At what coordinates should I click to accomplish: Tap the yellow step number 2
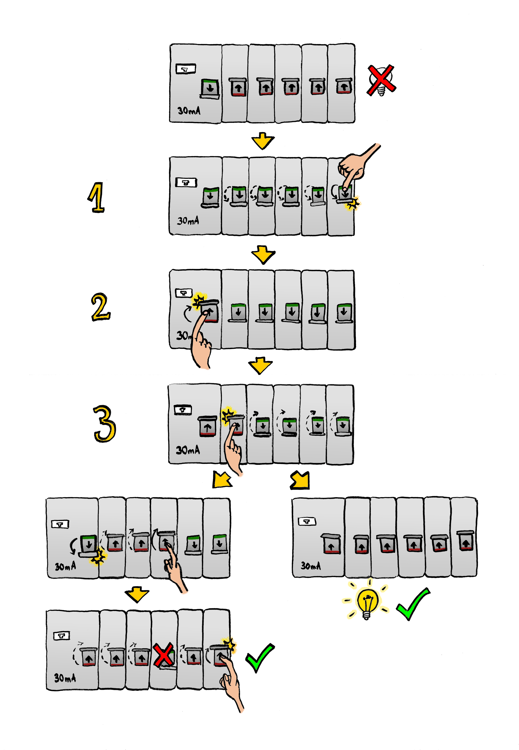tap(100, 307)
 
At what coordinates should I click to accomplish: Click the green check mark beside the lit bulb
tap(413, 604)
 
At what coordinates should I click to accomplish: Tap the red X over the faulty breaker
tap(163, 654)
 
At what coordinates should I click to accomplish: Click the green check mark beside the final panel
tap(259, 657)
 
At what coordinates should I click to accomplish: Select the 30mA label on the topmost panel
tap(189, 111)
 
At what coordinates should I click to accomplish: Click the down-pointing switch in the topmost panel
tap(210, 88)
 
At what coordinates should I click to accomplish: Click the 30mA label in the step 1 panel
tap(188, 221)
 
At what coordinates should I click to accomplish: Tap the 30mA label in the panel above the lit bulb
tap(311, 566)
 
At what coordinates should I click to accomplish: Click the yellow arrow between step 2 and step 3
tap(260, 365)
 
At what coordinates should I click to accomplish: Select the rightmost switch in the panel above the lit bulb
tap(465, 541)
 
